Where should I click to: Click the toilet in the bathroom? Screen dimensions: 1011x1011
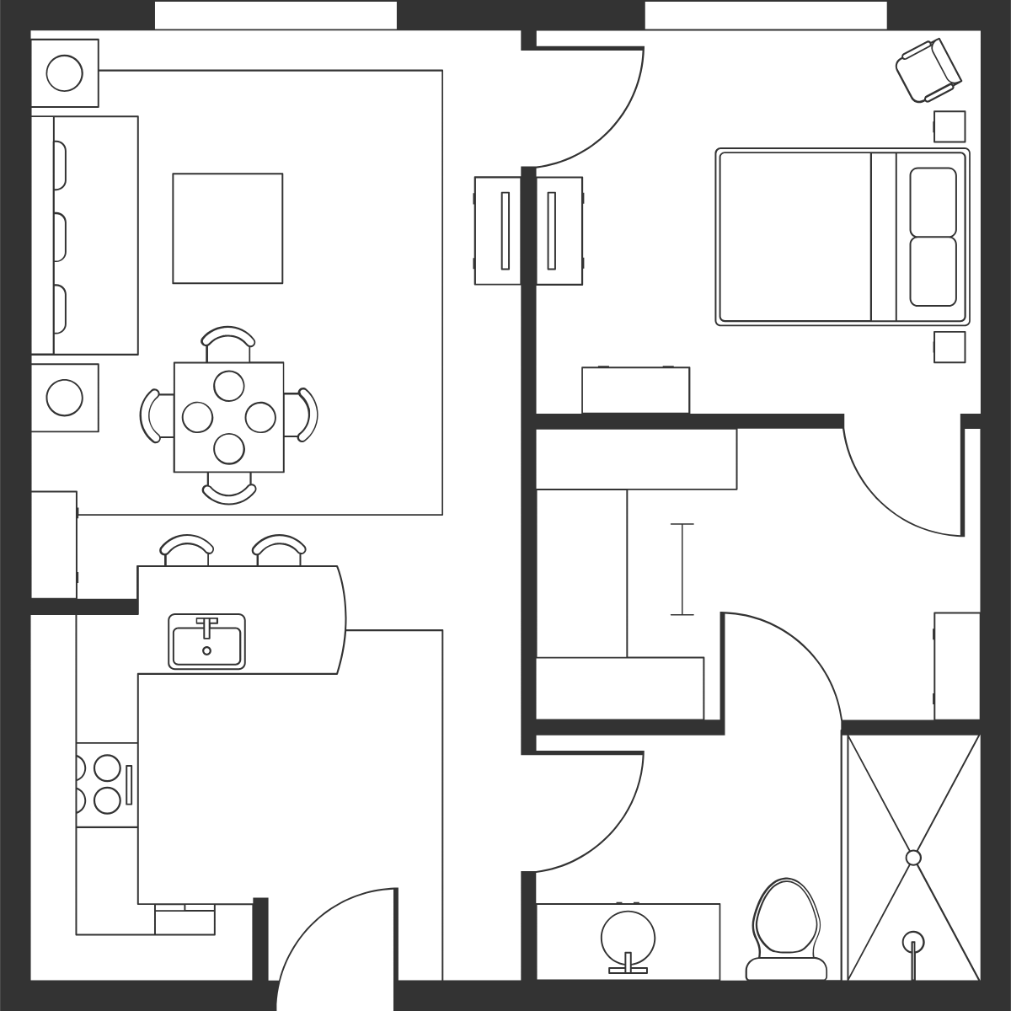786,927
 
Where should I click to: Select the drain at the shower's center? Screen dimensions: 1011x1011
913,858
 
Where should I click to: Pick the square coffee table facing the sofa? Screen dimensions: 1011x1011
227,228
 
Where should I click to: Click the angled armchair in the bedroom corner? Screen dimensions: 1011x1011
928,71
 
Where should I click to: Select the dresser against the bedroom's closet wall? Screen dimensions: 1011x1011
635,390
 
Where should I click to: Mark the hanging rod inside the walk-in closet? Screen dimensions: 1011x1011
682,570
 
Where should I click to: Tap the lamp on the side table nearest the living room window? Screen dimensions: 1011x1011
64,73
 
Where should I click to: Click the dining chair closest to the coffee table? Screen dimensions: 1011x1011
228,341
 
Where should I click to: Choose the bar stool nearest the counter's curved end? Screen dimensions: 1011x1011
280,550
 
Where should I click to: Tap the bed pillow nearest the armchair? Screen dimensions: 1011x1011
933,202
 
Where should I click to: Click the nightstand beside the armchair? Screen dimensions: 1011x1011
949,126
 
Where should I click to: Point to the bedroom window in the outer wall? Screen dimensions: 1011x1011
766,15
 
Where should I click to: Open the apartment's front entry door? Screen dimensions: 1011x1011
337,952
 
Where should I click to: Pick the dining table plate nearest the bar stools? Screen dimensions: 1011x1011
229,449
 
